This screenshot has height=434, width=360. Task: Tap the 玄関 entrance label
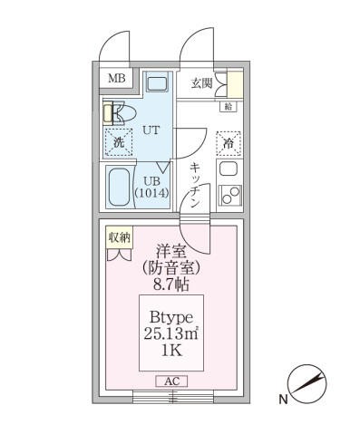pyautogui.click(x=201, y=83)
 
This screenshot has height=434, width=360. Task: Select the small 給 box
pyautogui.click(x=228, y=107)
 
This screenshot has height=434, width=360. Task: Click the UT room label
pyautogui.click(x=151, y=130)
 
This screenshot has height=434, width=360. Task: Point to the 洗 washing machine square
pyautogui.click(x=118, y=141)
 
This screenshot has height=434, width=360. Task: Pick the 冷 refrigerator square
pyautogui.click(x=229, y=142)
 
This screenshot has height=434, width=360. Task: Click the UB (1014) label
pyautogui.click(x=151, y=187)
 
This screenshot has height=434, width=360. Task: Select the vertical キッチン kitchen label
pyautogui.click(x=195, y=185)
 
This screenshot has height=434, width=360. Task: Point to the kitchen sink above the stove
pyautogui.click(x=229, y=169)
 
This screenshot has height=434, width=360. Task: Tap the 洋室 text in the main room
pyautogui.click(x=170, y=250)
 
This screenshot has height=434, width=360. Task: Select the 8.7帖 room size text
pyautogui.click(x=170, y=283)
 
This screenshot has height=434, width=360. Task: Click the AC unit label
pyautogui.click(x=170, y=381)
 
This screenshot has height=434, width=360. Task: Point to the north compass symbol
pyautogui.click(x=306, y=383)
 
